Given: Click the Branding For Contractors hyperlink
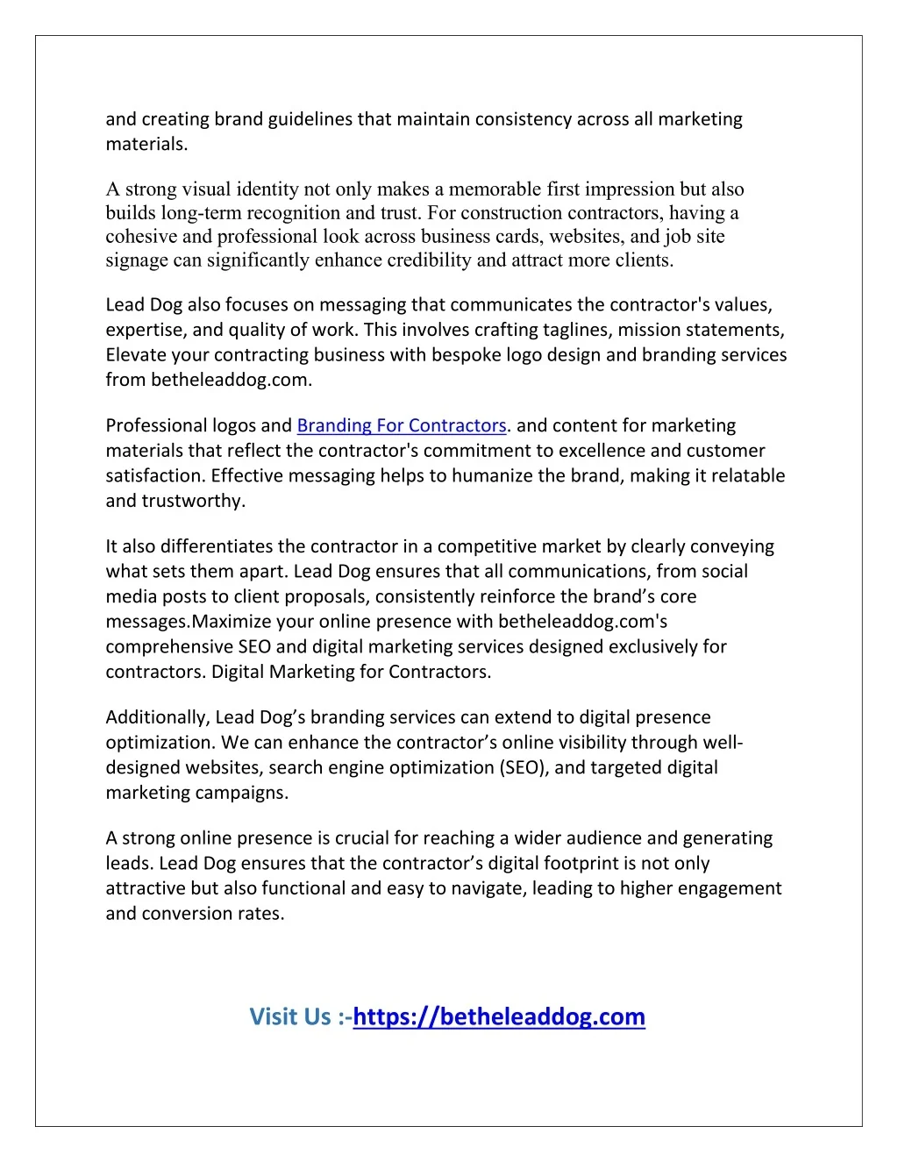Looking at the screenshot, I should tap(402, 426).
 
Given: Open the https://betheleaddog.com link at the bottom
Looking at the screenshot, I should tap(499, 1017).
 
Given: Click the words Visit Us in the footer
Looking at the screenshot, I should tap(290, 1017).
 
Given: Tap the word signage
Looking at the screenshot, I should tap(137, 260).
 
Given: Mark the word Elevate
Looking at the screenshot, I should tap(135, 355).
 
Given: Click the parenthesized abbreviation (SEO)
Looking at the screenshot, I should tap(524, 768).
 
